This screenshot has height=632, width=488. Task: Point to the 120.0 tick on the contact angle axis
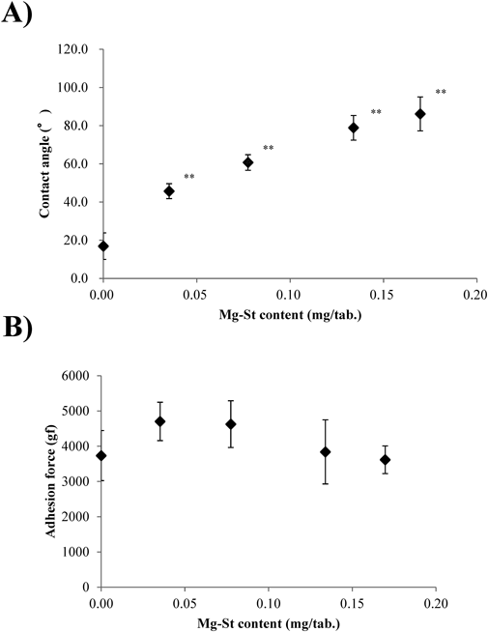click(75, 49)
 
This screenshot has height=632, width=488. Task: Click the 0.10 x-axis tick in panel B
click(269, 601)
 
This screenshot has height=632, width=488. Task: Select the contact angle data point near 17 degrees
click(103, 246)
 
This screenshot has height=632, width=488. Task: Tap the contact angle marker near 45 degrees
click(169, 191)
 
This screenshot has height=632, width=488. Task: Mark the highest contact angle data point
click(420, 114)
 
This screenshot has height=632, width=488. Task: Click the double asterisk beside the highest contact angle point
click(441, 93)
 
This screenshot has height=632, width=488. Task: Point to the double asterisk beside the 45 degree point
click(189, 177)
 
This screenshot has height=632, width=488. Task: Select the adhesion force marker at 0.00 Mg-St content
click(101, 455)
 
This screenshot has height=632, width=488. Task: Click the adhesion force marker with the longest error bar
click(326, 451)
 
